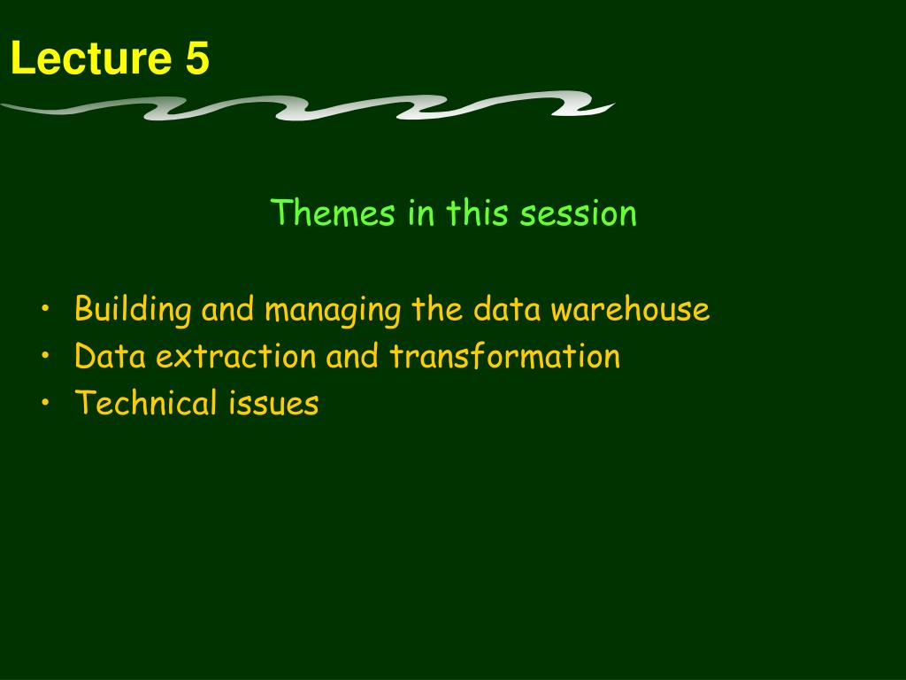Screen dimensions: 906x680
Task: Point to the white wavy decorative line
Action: pos(308,106)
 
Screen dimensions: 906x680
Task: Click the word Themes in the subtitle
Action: pos(333,212)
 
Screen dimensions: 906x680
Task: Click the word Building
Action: pos(133,309)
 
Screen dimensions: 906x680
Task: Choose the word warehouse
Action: pos(630,310)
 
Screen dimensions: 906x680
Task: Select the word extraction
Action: pos(235,356)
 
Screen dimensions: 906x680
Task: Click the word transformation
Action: pos(505,356)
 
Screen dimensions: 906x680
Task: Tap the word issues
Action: pos(274,403)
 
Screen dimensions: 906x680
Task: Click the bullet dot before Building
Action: pos(46,309)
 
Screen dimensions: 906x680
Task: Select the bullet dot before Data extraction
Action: pos(46,356)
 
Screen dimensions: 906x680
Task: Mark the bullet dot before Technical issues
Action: pos(46,403)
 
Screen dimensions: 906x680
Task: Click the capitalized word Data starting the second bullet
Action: pos(110,356)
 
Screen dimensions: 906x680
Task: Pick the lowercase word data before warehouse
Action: pos(507,309)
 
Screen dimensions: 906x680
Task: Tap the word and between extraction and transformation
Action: pos(352,356)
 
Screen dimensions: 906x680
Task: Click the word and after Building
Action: pos(227,309)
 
